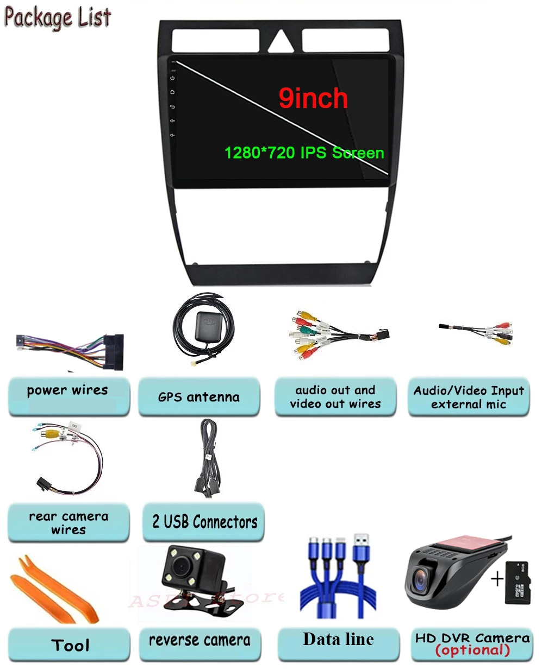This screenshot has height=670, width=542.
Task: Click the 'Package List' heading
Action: pyautogui.click(x=58, y=17)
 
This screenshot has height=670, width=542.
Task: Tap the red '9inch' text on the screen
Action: pyautogui.click(x=313, y=98)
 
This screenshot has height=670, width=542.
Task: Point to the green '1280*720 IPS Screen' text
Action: pyautogui.click(x=304, y=153)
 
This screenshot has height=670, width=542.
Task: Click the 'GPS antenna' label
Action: pyautogui.click(x=198, y=397)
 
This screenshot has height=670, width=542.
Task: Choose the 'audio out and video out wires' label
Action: pyautogui.click(x=335, y=397)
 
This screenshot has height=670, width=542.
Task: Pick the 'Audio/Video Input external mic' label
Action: pyautogui.click(x=468, y=397)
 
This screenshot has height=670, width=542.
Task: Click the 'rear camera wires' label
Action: pyautogui.click(x=68, y=522)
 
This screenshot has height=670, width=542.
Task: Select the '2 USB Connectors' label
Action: pyautogui.click(x=204, y=522)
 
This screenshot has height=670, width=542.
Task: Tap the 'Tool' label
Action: pyautogui.click(x=70, y=645)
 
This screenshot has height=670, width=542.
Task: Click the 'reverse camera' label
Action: pyautogui.click(x=200, y=641)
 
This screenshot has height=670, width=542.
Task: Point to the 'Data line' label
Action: pyautogui.click(x=338, y=640)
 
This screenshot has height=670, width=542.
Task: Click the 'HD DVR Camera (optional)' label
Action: pyautogui.click(x=472, y=644)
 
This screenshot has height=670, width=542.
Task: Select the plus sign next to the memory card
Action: pyautogui.click(x=497, y=579)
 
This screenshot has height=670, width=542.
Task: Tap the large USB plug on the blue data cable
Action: pyautogui.click(x=362, y=548)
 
